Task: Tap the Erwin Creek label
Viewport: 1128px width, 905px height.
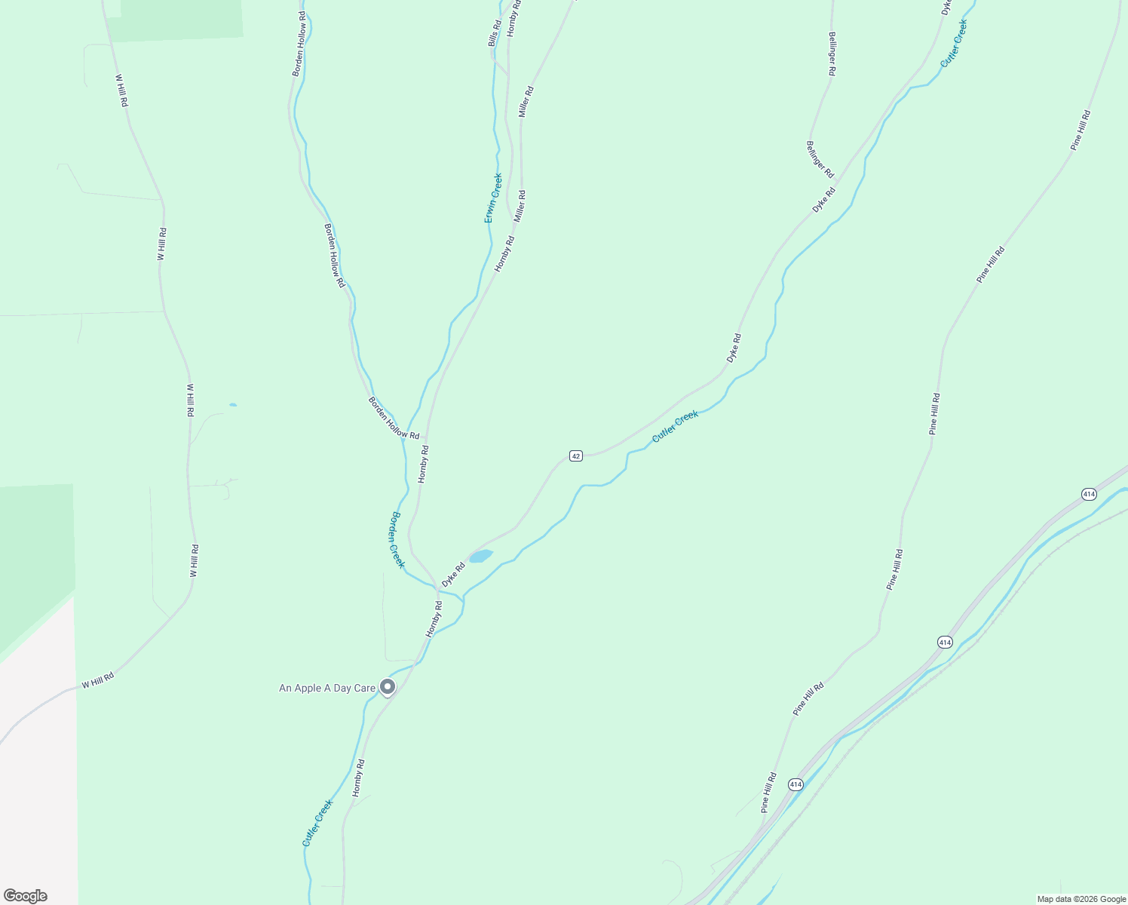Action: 492,198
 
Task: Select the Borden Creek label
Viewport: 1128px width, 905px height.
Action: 397,539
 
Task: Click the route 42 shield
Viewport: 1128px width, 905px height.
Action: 576,456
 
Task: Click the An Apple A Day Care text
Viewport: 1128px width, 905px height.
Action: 327,688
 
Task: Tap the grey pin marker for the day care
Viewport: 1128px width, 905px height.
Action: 388,686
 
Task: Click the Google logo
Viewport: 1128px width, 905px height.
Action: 25,896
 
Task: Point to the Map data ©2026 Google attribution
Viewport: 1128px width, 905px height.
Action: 1080,899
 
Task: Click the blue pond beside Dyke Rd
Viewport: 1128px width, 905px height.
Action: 480,557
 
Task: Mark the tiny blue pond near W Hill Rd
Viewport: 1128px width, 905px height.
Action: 233,405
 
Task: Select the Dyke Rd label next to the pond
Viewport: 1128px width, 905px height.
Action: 453,575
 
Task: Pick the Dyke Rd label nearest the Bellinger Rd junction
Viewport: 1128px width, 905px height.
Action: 824,200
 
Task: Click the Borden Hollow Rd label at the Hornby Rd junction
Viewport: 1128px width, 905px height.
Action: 394,418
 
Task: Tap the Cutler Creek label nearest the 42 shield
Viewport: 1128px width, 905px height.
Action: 675,426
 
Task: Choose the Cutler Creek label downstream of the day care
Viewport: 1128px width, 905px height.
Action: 317,823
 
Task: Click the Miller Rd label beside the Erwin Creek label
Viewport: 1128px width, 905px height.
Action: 520,206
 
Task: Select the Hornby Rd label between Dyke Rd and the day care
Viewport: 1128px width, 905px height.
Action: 434,619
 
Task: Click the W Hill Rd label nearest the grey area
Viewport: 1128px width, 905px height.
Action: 98,680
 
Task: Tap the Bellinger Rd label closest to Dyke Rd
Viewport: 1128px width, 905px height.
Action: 820,160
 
